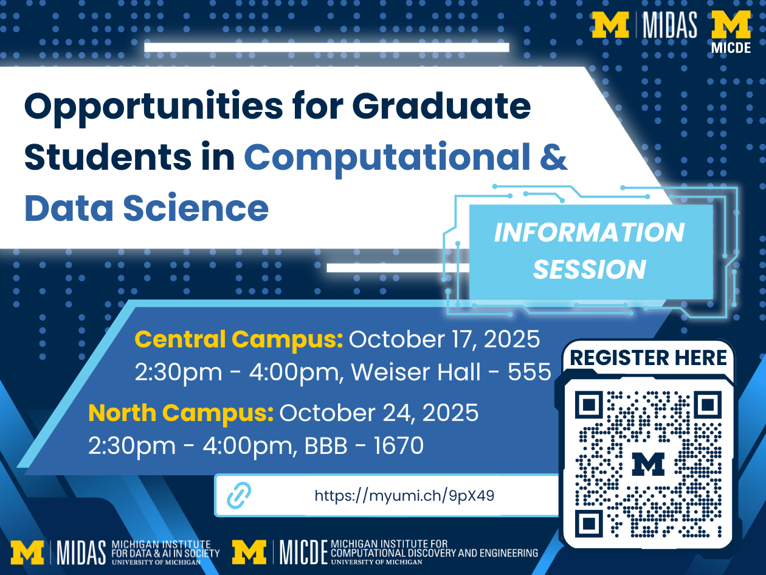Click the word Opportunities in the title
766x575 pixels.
tap(154, 107)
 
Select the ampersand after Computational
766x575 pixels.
tap(553, 157)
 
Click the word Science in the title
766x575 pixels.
tap(196, 208)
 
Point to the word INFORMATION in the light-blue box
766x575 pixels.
tap(590, 232)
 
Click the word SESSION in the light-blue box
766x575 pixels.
tap(590, 269)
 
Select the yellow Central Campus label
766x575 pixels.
tap(239, 340)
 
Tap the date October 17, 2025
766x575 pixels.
tap(444, 339)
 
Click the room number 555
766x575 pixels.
tap(530, 372)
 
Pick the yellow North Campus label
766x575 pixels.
tap(181, 413)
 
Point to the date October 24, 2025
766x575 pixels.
tap(379, 413)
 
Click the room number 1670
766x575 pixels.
tap(399, 446)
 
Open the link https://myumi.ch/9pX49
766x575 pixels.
tap(404, 496)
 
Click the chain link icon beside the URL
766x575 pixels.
tap(239, 495)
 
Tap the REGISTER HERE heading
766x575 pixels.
tap(649, 358)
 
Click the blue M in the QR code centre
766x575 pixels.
tap(648, 464)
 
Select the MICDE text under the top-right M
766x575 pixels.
tap(731, 48)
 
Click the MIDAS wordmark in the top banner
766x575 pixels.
tap(670, 25)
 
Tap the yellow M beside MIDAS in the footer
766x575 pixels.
tap(27, 552)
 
